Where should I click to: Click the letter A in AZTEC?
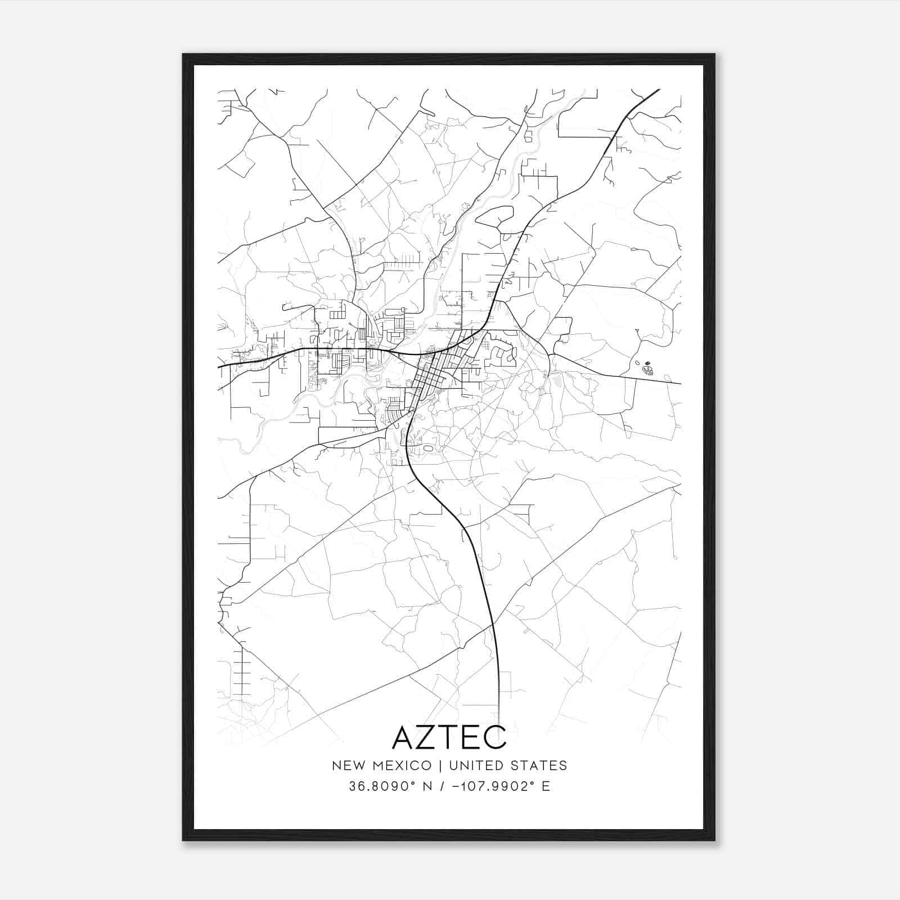[x=406, y=737]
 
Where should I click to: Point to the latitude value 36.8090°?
[x=381, y=786]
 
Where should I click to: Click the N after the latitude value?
[x=427, y=786]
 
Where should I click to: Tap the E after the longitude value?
[x=546, y=786]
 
